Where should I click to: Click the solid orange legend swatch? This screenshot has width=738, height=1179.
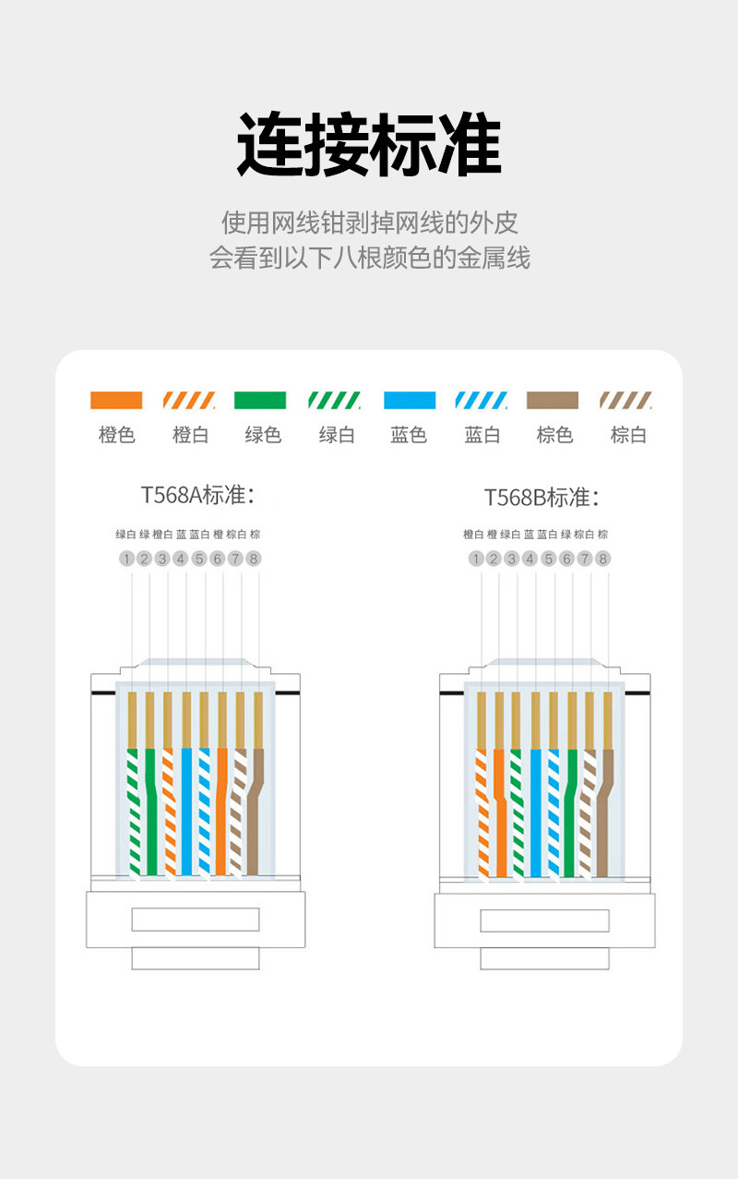pyautogui.click(x=116, y=400)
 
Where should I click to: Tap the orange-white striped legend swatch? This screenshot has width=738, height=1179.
pyautogui.click(x=189, y=400)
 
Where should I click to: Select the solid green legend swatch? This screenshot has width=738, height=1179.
pyautogui.click(x=260, y=400)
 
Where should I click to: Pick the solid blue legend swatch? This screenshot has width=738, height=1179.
pyautogui.click(x=410, y=400)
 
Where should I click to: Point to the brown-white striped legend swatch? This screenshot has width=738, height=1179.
pyautogui.click(x=625, y=400)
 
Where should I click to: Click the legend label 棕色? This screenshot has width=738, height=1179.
pyautogui.click(x=554, y=435)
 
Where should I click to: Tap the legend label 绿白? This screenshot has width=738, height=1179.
pyautogui.click(x=337, y=435)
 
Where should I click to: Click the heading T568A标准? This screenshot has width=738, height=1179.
pyautogui.click(x=197, y=495)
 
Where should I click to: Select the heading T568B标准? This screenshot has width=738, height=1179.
pyautogui.click(x=542, y=498)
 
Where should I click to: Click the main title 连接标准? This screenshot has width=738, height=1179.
pyautogui.click(x=369, y=146)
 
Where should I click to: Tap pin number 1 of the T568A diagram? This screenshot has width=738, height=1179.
pyautogui.click(x=126, y=559)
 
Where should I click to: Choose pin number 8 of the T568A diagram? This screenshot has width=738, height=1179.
pyautogui.click(x=254, y=559)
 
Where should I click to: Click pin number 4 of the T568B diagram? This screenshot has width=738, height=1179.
pyautogui.click(x=530, y=559)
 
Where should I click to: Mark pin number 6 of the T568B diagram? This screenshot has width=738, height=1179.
pyautogui.click(x=566, y=559)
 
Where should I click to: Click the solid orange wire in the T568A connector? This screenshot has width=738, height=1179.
pyautogui.click(x=221, y=812)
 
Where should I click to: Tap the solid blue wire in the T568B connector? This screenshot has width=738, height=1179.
pyautogui.click(x=535, y=812)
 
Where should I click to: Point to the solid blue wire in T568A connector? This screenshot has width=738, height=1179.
pyautogui.click(x=186, y=812)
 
